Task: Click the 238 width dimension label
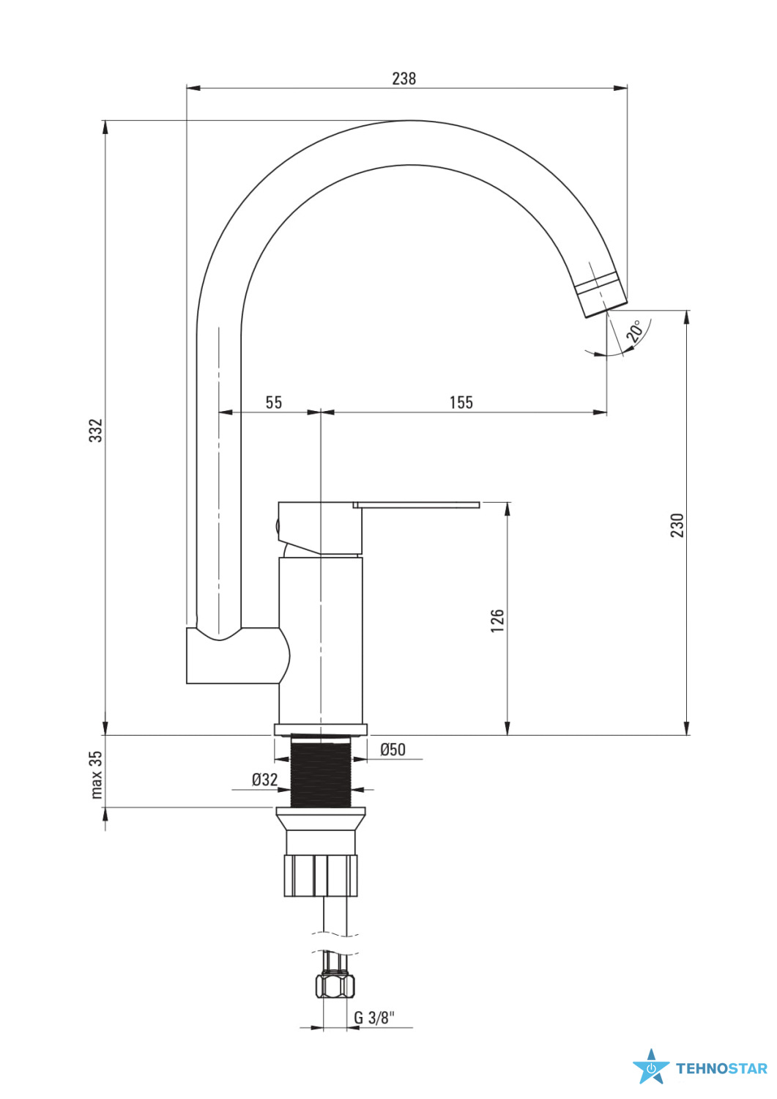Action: pyautogui.click(x=404, y=78)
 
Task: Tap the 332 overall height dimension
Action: pyautogui.click(x=96, y=430)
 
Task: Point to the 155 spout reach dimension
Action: pyautogui.click(x=461, y=402)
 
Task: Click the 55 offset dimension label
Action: pyautogui.click(x=274, y=402)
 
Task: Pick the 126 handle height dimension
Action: pyautogui.click(x=497, y=620)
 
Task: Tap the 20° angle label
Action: pyautogui.click(x=635, y=331)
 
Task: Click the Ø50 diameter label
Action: pyautogui.click(x=393, y=750)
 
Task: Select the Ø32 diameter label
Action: pyautogui.click(x=265, y=780)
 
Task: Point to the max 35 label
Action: pyautogui.click(x=96, y=774)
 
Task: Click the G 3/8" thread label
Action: pyautogui.click(x=374, y=1018)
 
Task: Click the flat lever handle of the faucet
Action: pyautogui.click(x=416, y=505)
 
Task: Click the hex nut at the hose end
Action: pyautogui.click(x=335, y=985)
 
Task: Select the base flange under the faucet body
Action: pyautogui.click(x=321, y=730)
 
